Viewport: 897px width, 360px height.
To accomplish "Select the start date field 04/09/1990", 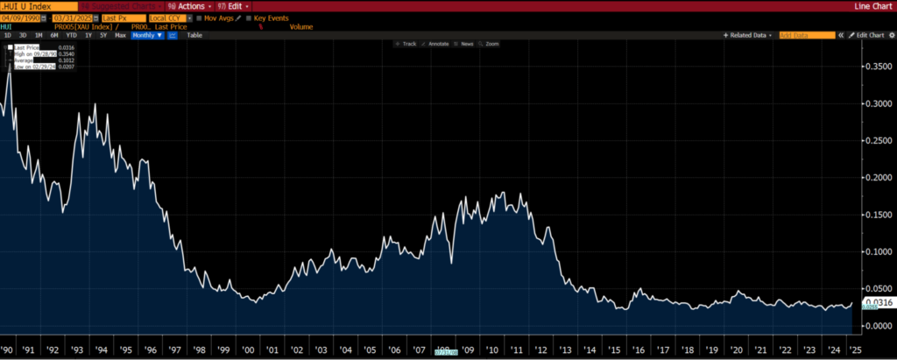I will click(x=23, y=18).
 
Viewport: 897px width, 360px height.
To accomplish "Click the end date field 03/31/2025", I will click(x=74, y=18).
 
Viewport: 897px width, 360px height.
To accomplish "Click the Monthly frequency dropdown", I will click(x=148, y=35).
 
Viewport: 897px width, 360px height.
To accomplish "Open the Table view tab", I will click(x=194, y=35).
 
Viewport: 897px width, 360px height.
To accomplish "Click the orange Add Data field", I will click(x=807, y=35).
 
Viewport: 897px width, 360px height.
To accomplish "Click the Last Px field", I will click(x=123, y=18).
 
